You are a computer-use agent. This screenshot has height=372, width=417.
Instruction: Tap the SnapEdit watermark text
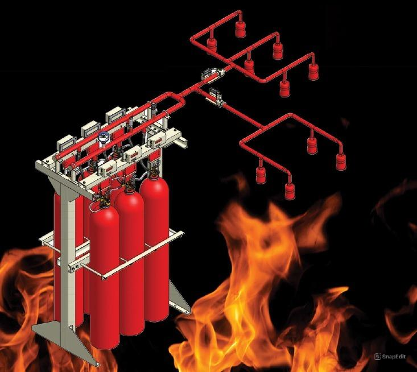coord(394,356)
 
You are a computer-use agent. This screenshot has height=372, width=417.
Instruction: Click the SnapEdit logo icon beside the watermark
coord(377,356)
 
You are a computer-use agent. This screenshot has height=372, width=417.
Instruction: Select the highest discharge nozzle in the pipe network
coord(241,28)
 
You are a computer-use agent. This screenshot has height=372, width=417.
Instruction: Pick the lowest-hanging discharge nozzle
coord(290,191)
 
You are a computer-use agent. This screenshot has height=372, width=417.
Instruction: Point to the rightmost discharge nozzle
coord(341,162)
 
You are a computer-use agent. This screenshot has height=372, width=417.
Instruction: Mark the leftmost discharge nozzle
coord(212,45)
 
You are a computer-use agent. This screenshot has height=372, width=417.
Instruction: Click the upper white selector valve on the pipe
coord(212,73)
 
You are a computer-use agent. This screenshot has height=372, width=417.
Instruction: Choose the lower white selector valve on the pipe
coord(216,97)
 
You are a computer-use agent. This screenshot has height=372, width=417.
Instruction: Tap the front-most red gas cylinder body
coord(104,276)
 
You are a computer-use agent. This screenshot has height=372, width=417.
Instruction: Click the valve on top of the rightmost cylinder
coord(153,170)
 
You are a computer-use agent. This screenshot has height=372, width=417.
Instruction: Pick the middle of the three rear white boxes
coord(90,130)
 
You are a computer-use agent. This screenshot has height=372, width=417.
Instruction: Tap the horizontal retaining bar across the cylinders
coord(142,255)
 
